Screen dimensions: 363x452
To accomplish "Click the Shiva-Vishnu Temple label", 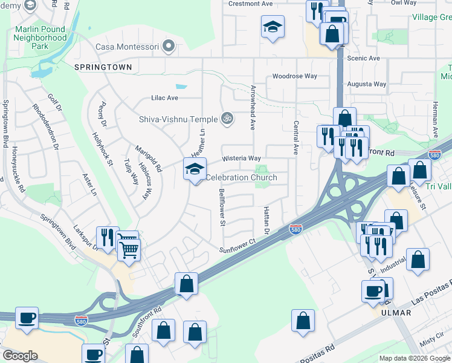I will (178, 119).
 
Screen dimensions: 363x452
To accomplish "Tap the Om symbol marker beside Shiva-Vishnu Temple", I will (227, 119).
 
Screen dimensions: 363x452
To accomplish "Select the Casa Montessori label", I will (128, 47).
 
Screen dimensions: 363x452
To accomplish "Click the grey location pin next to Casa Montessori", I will (169, 46).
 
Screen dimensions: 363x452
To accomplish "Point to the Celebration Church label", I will (241, 177).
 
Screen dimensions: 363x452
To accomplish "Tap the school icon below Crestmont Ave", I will (273, 27).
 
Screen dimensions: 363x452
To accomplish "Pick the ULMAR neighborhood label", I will (396, 313).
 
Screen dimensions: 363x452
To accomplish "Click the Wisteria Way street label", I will (241, 158).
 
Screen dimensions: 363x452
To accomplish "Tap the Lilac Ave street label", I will (164, 98).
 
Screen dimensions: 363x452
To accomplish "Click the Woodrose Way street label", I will (294, 76).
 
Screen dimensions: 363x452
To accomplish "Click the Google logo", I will (20, 356).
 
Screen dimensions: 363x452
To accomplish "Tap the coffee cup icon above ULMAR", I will (373, 291).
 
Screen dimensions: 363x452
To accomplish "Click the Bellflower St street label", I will (222, 208).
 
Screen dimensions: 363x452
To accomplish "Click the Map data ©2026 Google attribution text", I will (415, 358).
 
